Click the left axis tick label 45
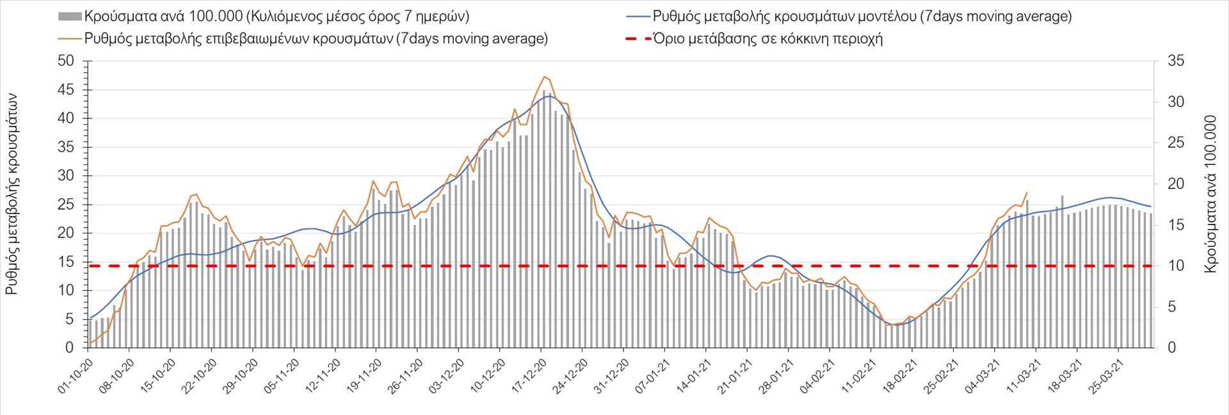[66, 90]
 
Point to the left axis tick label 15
[66, 262]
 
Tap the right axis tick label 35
[1176, 61]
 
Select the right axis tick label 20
[1176, 184]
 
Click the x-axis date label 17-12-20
[529, 376]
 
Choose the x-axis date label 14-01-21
[694, 376]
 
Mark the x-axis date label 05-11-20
[282, 376]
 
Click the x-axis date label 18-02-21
[899, 376]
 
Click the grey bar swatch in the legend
[70, 17]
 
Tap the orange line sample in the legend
[70, 39]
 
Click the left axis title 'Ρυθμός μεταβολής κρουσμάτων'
[12, 194]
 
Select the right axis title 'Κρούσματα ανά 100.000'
[1210, 194]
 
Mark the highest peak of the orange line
[544, 77]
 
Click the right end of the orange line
[1027, 192]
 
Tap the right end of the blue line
[1151, 207]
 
